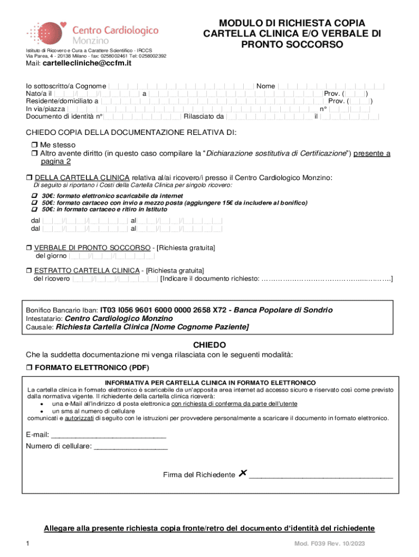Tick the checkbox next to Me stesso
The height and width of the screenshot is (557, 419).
tap(33, 145)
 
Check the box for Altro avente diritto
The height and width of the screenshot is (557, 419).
tap(33, 154)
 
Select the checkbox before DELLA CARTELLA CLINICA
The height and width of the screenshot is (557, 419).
tap(29, 178)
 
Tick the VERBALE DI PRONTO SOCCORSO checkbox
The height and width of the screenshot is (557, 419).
tap(29, 248)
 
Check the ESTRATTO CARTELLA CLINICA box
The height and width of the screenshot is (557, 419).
tap(29, 270)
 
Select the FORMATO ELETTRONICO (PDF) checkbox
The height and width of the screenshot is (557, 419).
tap(29, 368)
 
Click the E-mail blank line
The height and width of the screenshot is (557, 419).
tap(109, 436)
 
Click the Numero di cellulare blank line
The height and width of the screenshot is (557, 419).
tap(131, 448)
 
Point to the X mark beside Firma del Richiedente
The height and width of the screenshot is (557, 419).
tap(242, 474)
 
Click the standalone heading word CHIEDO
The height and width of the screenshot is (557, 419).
tap(209, 345)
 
